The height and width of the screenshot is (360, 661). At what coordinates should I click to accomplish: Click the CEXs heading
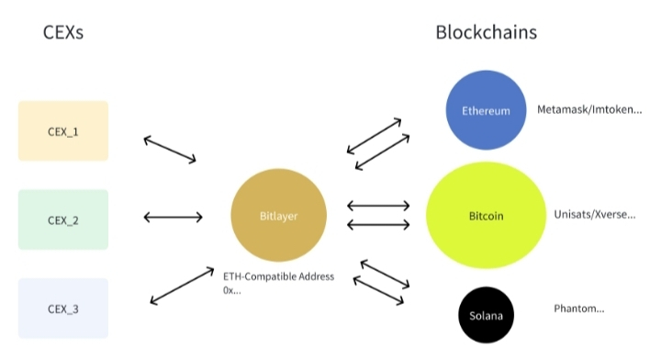click(63, 32)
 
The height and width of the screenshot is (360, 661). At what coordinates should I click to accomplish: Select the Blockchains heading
click(486, 32)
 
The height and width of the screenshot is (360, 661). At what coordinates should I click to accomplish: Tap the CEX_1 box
click(63, 131)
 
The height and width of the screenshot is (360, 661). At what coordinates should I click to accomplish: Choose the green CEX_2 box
click(63, 219)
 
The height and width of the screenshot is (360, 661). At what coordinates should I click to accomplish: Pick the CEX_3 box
click(63, 309)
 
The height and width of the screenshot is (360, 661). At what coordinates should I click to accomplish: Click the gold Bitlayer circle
click(279, 216)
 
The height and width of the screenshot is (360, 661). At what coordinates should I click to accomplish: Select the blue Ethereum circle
click(486, 110)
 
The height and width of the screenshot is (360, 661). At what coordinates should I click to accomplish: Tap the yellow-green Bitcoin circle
click(486, 216)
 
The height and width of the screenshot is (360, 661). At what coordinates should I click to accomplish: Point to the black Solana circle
click(486, 315)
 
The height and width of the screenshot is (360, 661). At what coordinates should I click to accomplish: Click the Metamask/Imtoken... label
click(589, 109)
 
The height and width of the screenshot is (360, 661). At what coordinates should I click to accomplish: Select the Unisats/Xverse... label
click(594, 215)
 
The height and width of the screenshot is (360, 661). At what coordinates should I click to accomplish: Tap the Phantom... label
click(578, 309)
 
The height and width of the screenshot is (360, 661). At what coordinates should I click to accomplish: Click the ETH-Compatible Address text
click(279, 276)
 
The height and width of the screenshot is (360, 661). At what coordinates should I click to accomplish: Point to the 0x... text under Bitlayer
click(232, 290)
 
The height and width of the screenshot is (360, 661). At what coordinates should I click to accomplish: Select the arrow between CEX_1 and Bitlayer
click(170, 149)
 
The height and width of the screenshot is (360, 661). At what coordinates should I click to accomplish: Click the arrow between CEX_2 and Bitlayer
click(173, 218)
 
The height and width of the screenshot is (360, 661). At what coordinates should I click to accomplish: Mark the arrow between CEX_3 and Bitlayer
click(182, 286)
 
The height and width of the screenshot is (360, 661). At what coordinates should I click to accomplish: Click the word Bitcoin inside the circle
click(486, 216)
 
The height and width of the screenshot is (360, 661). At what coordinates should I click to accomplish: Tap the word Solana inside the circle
click(486, 316)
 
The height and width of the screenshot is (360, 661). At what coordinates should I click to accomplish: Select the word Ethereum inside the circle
click(486, 111)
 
